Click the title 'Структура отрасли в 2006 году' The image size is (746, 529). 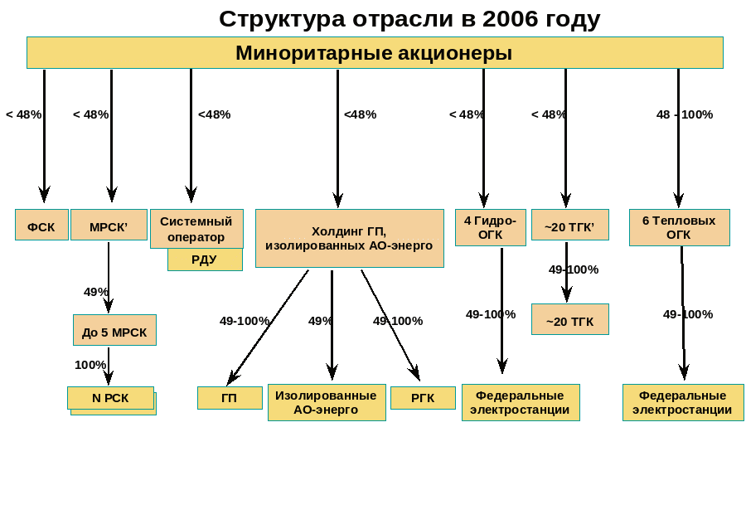click(x=409, y=19)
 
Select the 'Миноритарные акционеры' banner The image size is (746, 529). click(x=374, y=53)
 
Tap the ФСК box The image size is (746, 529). click(x=41, y=226)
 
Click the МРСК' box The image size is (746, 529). click(x=109, y=226)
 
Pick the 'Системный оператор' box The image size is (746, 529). click(x=196, y=229)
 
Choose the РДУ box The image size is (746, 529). click(x=205, y=260)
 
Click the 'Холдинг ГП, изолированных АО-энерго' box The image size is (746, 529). click(x=349, y=239)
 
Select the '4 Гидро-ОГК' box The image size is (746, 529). click(x=490, y=227)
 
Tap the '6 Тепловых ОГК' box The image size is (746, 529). click(x=679, y=227)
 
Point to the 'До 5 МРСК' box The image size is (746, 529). click(x=114, y=331)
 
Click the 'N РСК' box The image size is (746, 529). click(x=110, y=398)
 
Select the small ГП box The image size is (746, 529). click(x=230, y=398)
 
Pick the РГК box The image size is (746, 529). click(x=423, y=398)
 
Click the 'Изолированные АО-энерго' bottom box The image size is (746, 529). click(x=327, y=402)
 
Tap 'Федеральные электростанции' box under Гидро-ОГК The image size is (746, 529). click(x=521, y=402)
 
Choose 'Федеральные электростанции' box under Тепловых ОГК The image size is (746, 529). click(x=683, y=402)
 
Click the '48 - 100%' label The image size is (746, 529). click(x=685, y=114)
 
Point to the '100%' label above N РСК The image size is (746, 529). click(x=90, y=365)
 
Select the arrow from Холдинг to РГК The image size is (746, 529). click(x=390, y=323)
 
